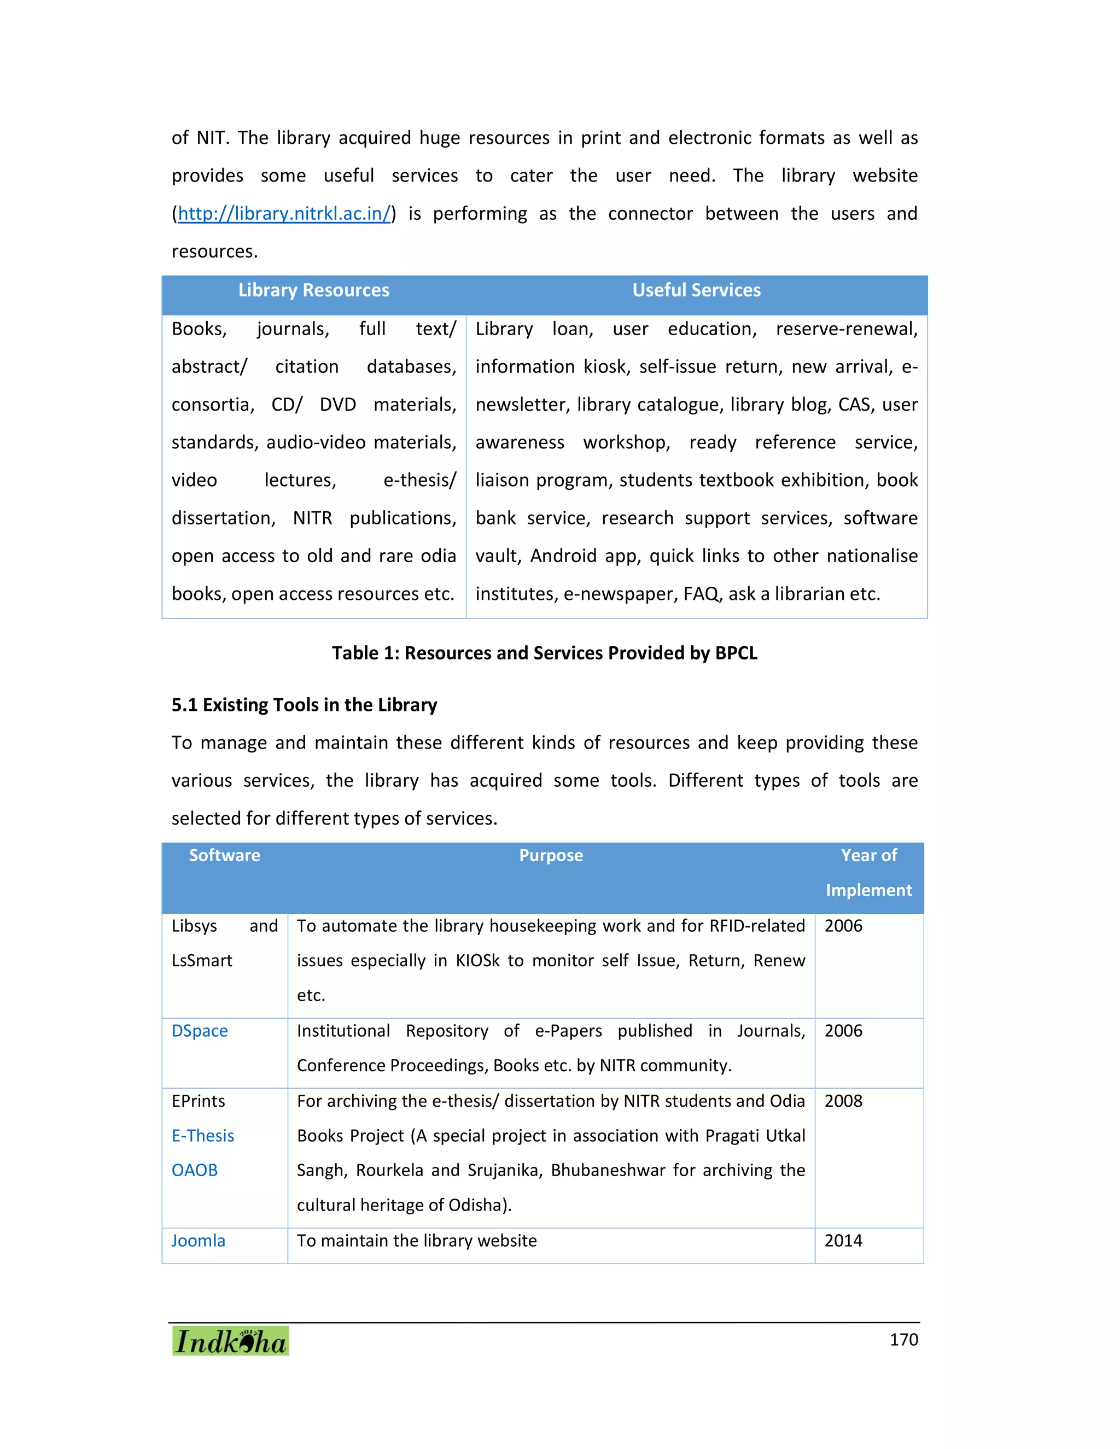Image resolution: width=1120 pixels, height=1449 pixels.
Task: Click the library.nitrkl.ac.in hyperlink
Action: tap(284, 214)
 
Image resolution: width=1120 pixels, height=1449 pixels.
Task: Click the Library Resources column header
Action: tap(314, 290)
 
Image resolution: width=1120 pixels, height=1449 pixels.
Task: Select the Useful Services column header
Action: tap(696, 290)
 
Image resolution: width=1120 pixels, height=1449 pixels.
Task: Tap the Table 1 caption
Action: tap(544, 653)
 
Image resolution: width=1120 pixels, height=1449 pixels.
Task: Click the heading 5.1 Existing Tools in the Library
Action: tap(304, 705)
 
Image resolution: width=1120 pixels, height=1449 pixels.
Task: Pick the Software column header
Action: tap(224, 856)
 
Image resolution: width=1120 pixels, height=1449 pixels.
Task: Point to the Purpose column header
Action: tap(551, 856)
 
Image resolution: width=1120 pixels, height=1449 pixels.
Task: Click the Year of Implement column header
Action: tap(868, 873)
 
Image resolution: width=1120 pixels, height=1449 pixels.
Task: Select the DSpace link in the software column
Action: tap(200, 1031)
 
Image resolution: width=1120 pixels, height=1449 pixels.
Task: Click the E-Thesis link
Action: tap(203, 1136)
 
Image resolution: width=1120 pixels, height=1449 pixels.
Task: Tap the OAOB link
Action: tap(194, 1170)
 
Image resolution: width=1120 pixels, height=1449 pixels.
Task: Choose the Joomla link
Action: tap(199, 1241)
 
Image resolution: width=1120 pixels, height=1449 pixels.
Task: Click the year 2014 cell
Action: tap(843, 1241)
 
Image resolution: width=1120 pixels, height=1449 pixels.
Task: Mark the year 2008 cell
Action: tap(843, 1101)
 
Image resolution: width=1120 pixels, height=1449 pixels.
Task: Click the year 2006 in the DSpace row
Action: tap(843, 1031)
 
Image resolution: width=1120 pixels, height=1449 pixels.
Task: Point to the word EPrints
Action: tap(199, 1101)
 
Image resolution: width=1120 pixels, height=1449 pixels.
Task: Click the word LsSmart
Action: tap(202, 961)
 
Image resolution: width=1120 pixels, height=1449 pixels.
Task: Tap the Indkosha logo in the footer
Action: tap(230, 1341)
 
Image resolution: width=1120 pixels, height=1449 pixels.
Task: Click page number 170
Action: tap(903, 1340)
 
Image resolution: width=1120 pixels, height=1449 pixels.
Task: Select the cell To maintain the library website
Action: tap(417, 1241)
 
